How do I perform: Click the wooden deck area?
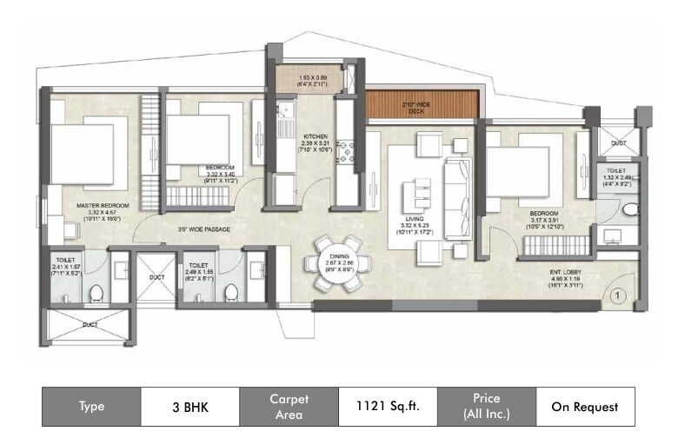423,105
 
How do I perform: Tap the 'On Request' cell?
584,406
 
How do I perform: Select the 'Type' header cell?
91,406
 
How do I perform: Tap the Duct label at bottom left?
90,324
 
